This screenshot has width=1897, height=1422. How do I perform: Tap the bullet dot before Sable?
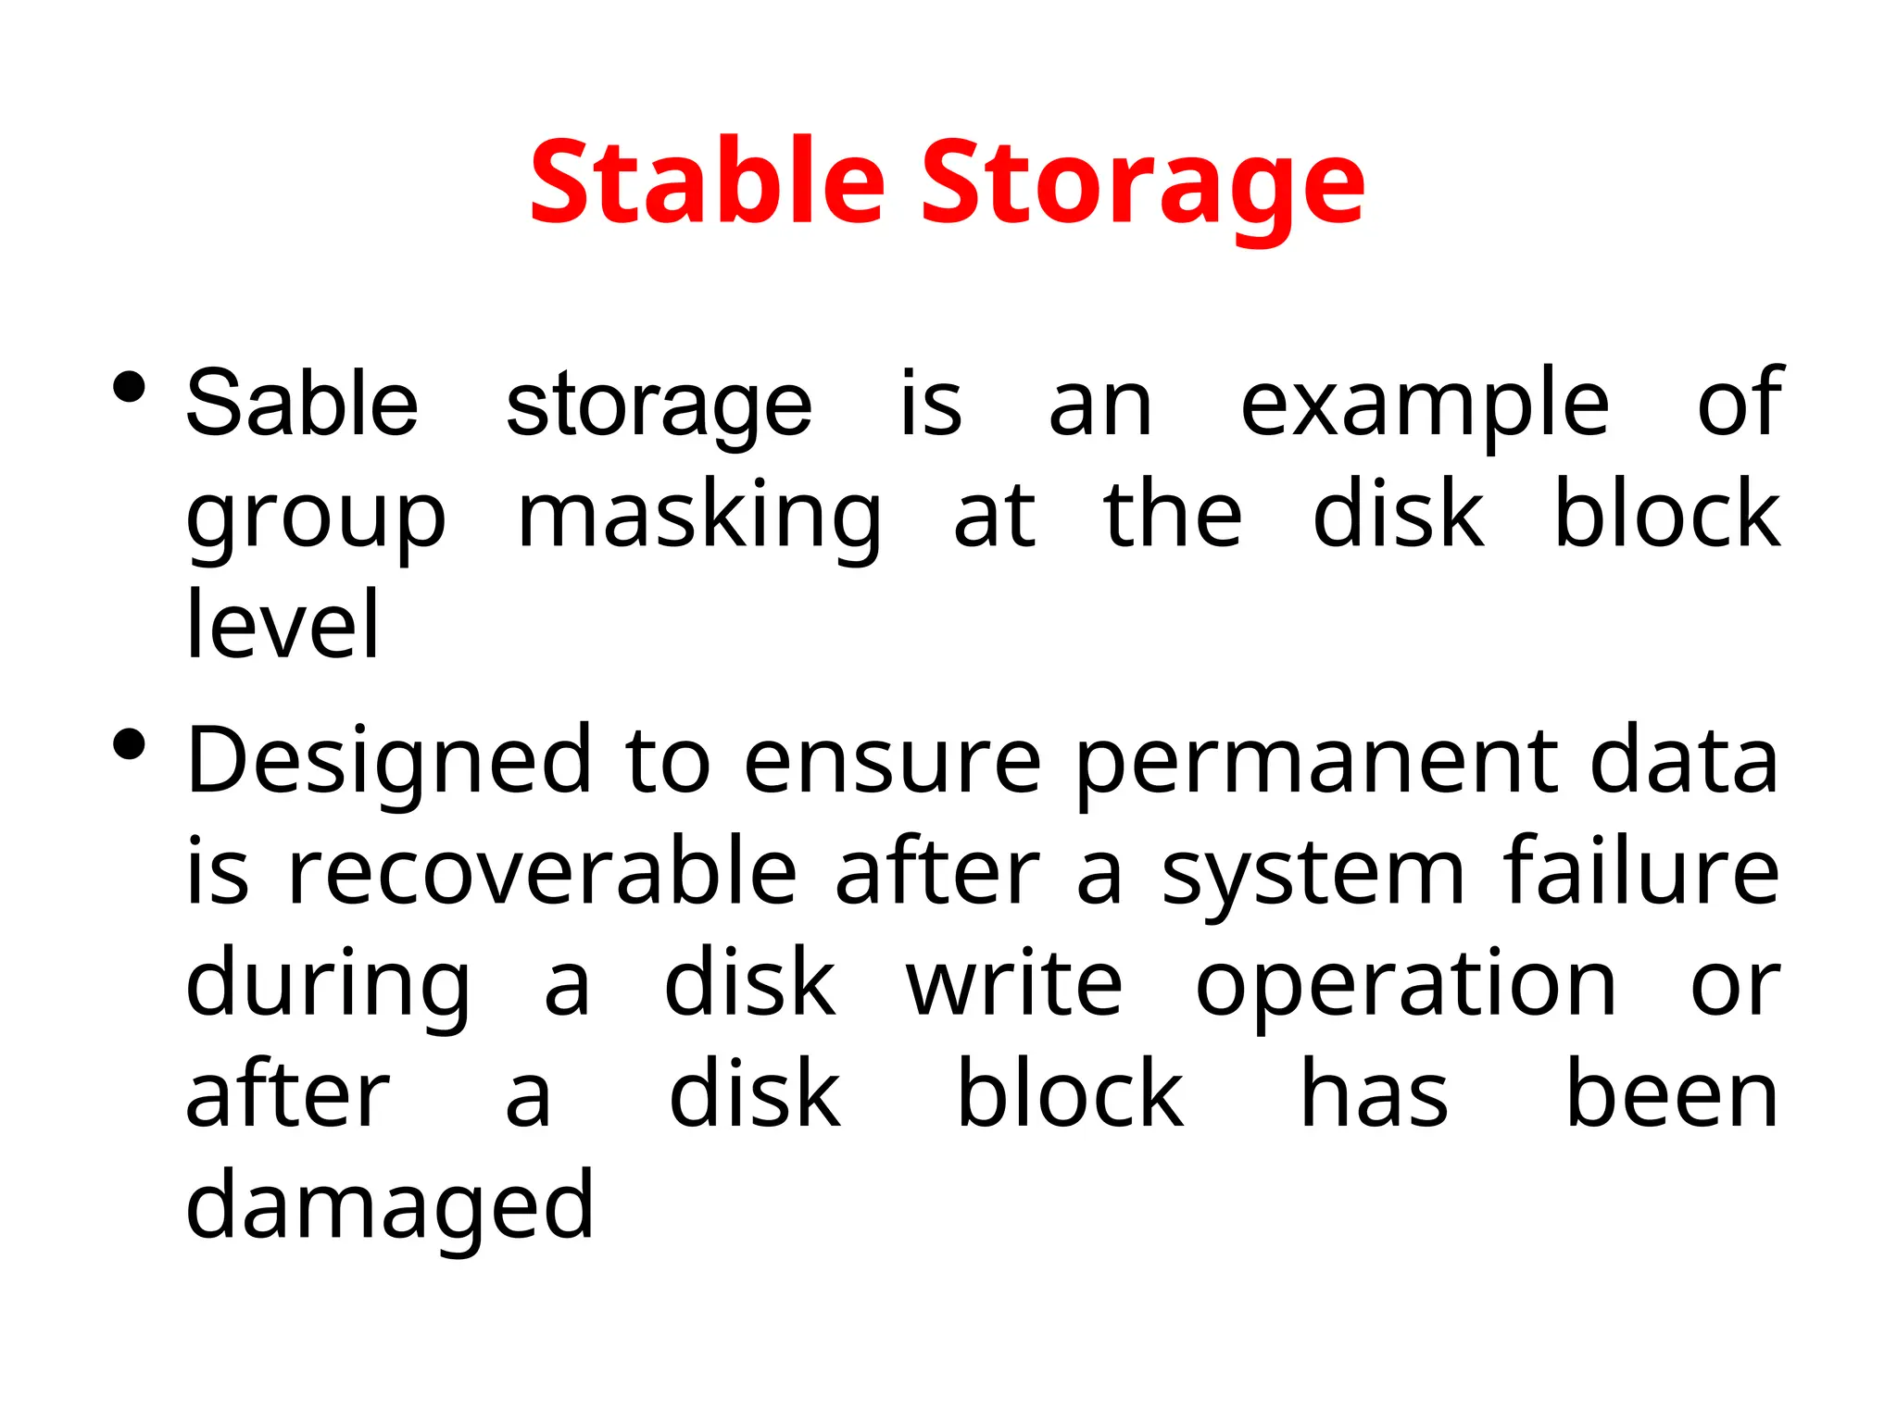tap(129, 387)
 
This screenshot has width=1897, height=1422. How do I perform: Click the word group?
tap(316, 518)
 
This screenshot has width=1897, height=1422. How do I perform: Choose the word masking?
tap(699, 518)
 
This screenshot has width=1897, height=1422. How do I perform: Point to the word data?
tap(1684, 761)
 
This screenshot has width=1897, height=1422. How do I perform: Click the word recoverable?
tap(542, 872)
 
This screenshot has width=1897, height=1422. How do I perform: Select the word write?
tap(1014, 983)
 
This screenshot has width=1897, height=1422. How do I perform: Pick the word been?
tap(1672, 1095)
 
